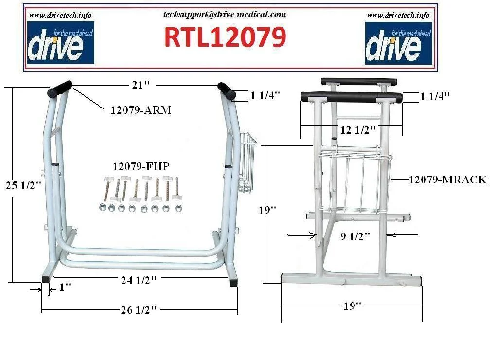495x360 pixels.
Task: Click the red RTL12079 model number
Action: click(225, 36)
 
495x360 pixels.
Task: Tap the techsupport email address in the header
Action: click(225, 14)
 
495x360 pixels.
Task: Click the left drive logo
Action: click(61, 43)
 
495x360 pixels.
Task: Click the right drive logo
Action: click(398, 43)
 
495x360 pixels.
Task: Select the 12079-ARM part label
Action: click(141, 110)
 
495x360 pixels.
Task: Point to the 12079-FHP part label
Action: click(141, 166)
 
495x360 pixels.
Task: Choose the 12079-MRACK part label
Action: click(448, 180)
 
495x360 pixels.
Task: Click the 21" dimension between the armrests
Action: click(141, 85)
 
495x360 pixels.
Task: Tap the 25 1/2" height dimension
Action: click(23, 185)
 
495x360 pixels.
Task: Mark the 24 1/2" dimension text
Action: click(139, 280)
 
